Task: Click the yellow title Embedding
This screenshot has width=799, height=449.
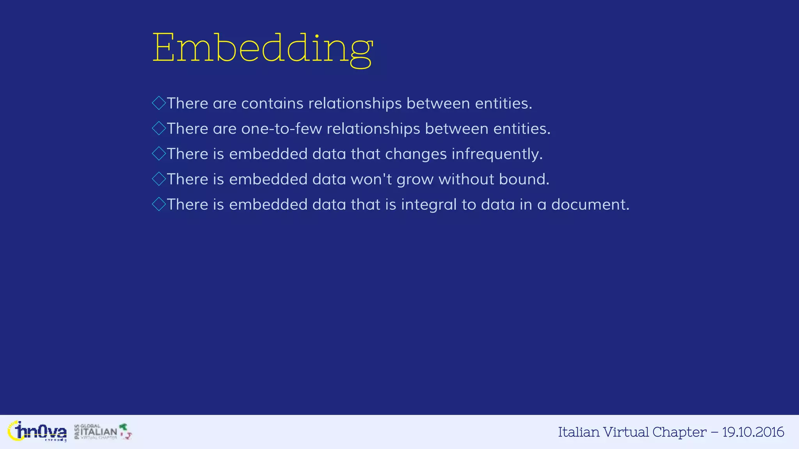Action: [x=262, y=48]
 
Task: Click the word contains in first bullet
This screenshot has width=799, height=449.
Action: [x=272, y=104]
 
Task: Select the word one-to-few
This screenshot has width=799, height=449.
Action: [x=281, y=129]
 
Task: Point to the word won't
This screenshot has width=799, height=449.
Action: [x=371, y=180]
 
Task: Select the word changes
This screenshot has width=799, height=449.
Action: [x=415, y=154]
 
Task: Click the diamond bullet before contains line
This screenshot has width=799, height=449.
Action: [x=159, y=103]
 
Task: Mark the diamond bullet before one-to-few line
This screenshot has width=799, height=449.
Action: [x=159, y=129]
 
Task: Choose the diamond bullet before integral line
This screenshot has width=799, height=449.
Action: [x=159, y=204]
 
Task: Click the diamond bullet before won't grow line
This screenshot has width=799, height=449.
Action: [x=159, y=179]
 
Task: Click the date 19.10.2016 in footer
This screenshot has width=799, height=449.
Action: [x=753, y=432]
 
